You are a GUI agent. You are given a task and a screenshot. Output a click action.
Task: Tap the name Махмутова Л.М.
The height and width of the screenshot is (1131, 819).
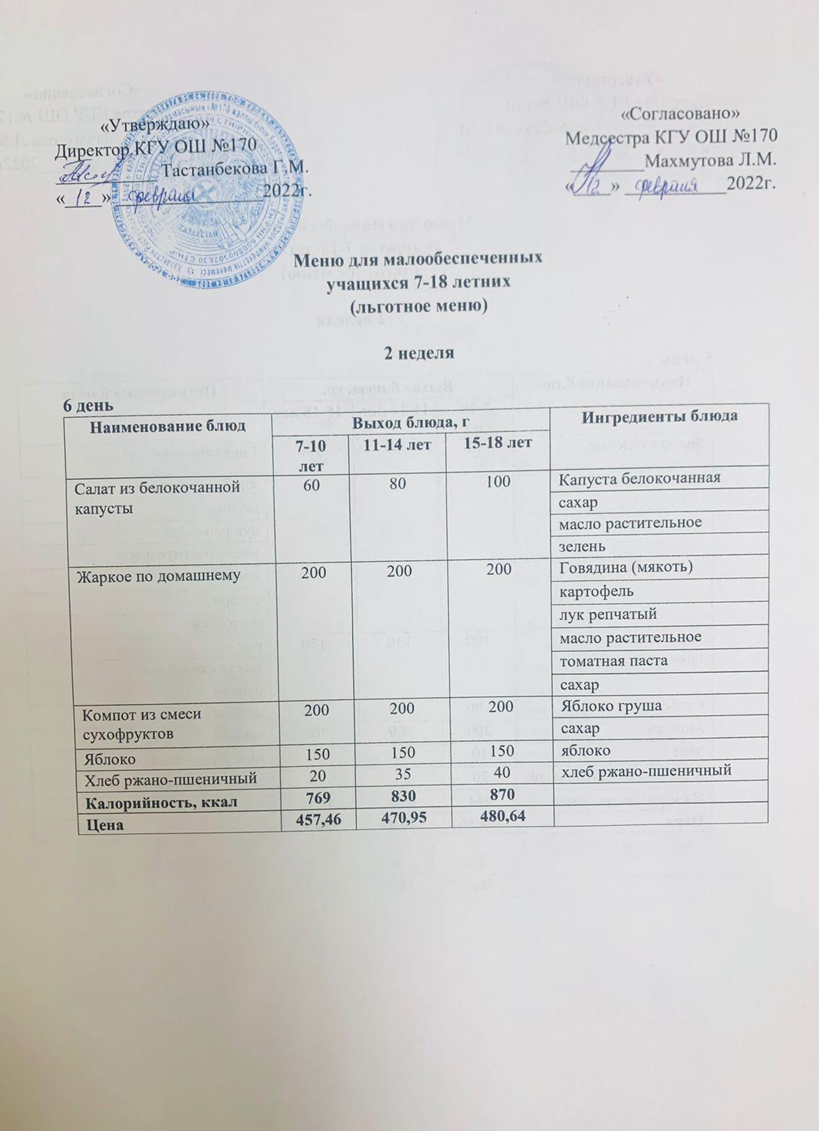coord(711,159)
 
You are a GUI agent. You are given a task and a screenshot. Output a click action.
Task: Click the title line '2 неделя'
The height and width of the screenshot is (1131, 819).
coord(419,353)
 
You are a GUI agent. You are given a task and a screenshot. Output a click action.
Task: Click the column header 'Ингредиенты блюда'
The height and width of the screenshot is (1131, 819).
coord(659,416)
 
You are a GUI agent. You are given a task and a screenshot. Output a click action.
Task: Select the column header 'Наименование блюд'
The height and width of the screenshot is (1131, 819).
coord(168,426)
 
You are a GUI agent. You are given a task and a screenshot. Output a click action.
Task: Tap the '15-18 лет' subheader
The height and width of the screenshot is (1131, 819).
coord(499,443)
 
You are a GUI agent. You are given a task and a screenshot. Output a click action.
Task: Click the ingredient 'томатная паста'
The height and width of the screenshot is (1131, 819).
coord(613,661)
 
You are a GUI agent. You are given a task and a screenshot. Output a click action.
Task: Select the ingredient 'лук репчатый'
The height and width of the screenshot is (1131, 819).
coord(608,614)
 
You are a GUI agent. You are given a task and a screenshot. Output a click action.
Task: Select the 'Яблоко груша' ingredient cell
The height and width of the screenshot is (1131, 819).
coord(610,705)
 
